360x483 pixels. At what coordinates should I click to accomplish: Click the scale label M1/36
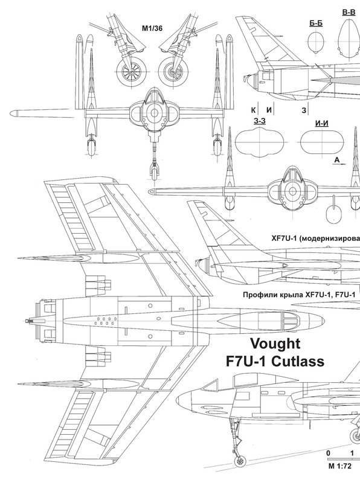[x=152, y=28]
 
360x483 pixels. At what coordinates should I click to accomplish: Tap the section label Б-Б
[x=316, y=23]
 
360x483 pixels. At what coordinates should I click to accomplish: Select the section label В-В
[x=349, y=12]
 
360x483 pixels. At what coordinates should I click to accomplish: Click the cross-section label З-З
[x=260, y=121]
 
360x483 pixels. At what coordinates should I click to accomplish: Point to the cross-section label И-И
[x=322, y=123]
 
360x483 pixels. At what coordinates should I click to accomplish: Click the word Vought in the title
[x=275, y=344]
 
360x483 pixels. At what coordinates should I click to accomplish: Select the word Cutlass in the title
[x=298, y=361]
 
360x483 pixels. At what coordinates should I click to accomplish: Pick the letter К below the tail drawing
[x=253, y=110]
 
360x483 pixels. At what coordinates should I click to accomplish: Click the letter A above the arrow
[x=337, y=160]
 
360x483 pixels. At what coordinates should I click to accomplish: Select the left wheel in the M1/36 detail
[x=132, y=72]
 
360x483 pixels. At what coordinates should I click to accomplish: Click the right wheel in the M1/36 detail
[x=173, y=72]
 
